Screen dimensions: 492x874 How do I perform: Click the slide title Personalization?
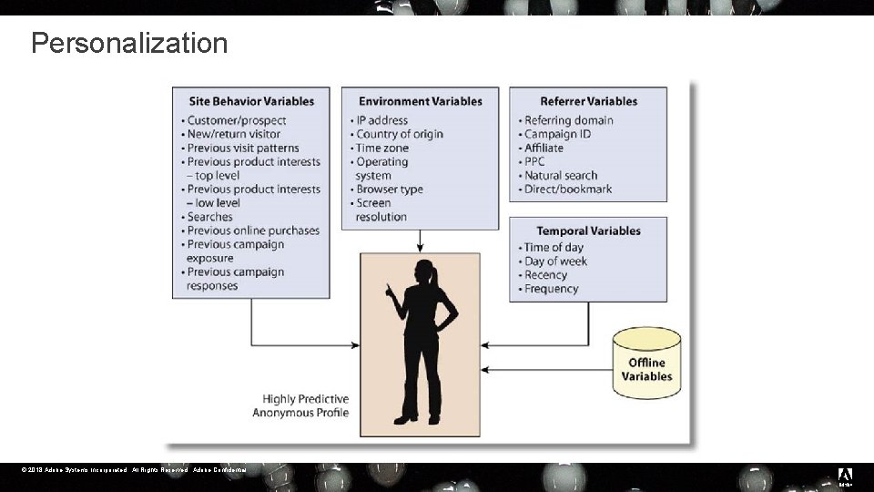click(x=129, y=43)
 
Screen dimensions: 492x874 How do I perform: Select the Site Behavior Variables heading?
click(x=251, y=101)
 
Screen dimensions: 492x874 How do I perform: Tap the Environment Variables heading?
click(x=420, y=101)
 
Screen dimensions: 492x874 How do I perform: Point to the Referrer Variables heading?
click(x=588, y=101)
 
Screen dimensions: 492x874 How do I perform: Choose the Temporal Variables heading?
click(x=588, y=231)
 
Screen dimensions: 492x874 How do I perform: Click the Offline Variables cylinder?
click(x=647, y=364)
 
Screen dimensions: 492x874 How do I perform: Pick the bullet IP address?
click(x=381, y=120)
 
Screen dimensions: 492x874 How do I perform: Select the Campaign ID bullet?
click(x=557, y=134)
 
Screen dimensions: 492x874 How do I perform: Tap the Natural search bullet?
click(x=561, y=176)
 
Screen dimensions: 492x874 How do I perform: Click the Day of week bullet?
click(x=555, y=261)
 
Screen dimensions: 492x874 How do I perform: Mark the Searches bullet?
click(x=209, y=217)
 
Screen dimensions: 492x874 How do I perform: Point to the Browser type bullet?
click(x=389, y=190)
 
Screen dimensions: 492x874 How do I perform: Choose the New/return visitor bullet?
click(x=233, y=134)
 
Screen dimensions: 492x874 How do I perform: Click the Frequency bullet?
click(x=551, y=289)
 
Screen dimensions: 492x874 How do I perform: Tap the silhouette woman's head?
click(x=424, y=271)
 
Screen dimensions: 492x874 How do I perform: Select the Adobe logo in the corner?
click(x=845, y=476)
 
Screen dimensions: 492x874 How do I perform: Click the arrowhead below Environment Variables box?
click(x=420, y=248)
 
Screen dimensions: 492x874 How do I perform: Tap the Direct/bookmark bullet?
click(x=567, y=190)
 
